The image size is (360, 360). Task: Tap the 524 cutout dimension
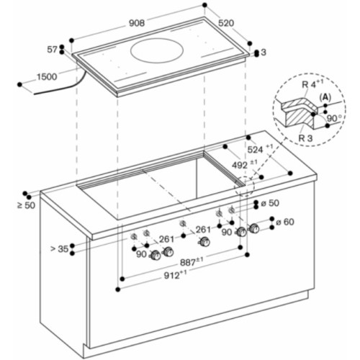click(256, 150)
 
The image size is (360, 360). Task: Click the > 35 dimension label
click(59, 249)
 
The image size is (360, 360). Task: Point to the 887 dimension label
click(191, 261)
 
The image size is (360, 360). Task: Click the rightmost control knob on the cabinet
click(253, 228)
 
